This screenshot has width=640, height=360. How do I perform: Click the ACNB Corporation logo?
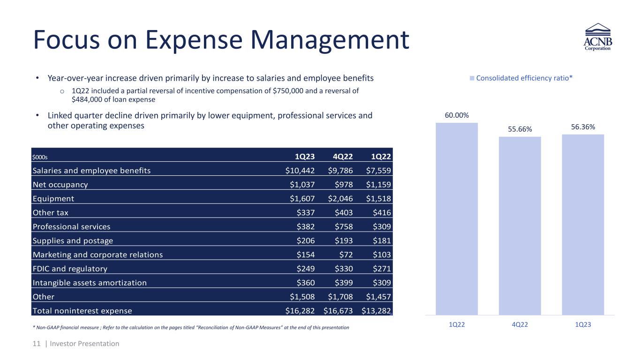click(x=597, y=39)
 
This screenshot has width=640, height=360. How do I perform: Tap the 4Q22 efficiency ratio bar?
click(x=520, y=225)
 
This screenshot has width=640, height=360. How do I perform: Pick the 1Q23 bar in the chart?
click(x=583, y=225)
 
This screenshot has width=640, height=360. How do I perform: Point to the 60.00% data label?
click(x=457, y=115)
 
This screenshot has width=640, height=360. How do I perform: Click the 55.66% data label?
click(x=520, y=129)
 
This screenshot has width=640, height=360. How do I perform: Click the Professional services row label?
click(x=72, y=226)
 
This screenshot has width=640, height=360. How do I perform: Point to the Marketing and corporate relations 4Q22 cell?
click(x=346, y=255)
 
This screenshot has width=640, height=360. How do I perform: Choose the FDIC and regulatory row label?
click(x=70, y=269)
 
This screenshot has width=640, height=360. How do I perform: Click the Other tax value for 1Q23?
click(x=306, y=212)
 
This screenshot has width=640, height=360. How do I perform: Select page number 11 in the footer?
click(x=36, y=344)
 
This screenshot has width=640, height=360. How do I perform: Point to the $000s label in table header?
click(x=40, y=156)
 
